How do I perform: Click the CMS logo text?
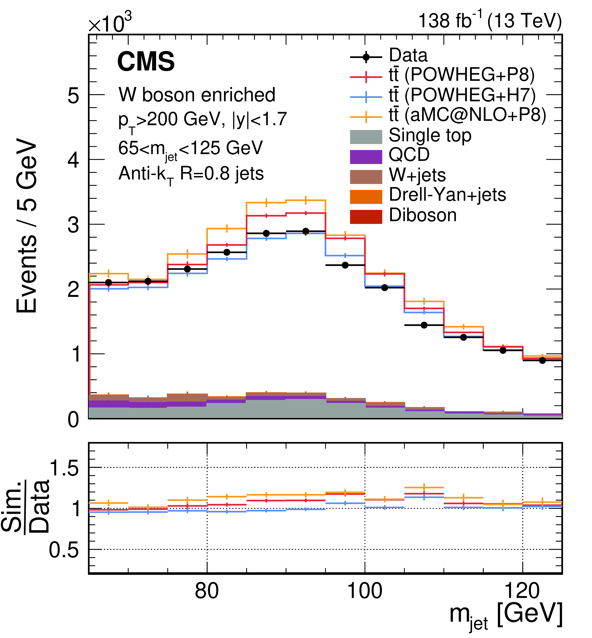[x=146, y=61]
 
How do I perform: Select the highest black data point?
[x=306, y=231]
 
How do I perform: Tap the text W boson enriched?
[x=197, y=95]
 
